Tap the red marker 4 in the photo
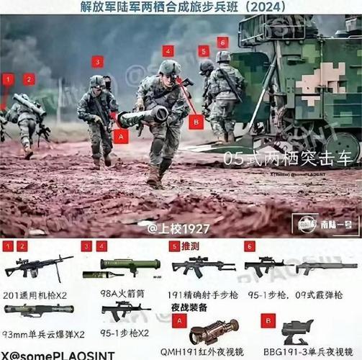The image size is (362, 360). click(168, 51)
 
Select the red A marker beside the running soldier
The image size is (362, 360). click(121, 135)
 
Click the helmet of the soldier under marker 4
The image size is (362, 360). click(170, 68)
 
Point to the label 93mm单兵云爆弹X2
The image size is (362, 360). click(43, 333)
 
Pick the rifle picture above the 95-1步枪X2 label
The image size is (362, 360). click(125, 310)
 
